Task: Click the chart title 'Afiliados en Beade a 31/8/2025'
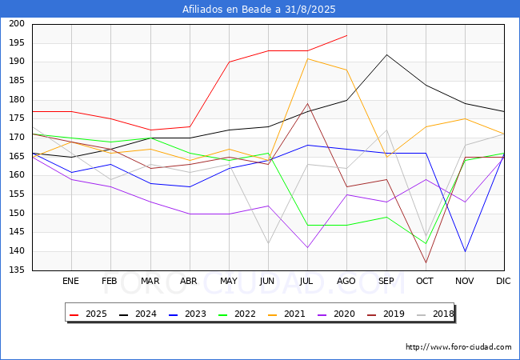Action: [x=258, y=10]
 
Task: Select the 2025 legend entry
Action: [x=88, y=314]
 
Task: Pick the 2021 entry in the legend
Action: [x=286, y=314]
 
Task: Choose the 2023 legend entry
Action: [x=187, y=314]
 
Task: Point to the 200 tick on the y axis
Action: [x=17, y=23]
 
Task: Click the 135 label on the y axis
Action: [x=17, y=270]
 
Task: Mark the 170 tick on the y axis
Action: [x=17, y=138]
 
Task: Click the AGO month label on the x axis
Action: [x=346, y=281]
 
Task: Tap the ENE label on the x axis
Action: [x=70, y=281]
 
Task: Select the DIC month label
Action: [x=503, y=281]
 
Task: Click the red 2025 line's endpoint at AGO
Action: [x=347, y=35]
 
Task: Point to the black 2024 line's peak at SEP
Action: [x=386, y=54]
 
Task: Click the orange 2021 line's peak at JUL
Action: [x=308, y=58]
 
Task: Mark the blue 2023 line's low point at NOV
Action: [x=466, y=252]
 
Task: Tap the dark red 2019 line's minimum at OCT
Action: [x=426, y=263]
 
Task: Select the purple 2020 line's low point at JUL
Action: [x=308, y=248]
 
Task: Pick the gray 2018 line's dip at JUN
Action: [x=268, y=244]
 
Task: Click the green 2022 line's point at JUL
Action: [x=308, y=225]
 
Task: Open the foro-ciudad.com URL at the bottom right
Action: [x=458, y=347]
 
